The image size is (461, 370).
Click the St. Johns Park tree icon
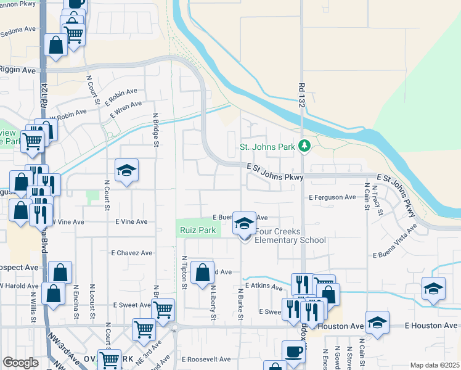pyautogui.click(x=303, y=146)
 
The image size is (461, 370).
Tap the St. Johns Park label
pyautogui.click(x=267, y=147)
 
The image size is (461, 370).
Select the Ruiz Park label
pyautogui.click(x=197, y=231)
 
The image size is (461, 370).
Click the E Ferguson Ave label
pyautogui.click(x=332, y=197)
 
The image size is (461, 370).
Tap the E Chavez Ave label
pyautogui.click(x=131, y=253)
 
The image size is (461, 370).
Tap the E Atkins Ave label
pyautogui.click(x=263, y=286)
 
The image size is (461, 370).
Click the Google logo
pyautogui.click(x=20, y=363)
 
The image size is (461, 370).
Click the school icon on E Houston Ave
pyautogui.click(x=377, y=322)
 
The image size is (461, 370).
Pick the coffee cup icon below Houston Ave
pyautogui.click(x=293, y=351)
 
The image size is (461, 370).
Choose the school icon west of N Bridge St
pyautogui.click(x=127, y=170)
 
